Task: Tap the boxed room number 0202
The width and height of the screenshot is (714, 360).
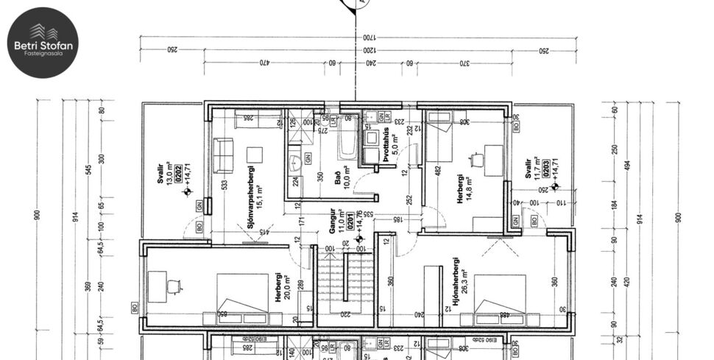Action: click(x=177, y=174)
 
